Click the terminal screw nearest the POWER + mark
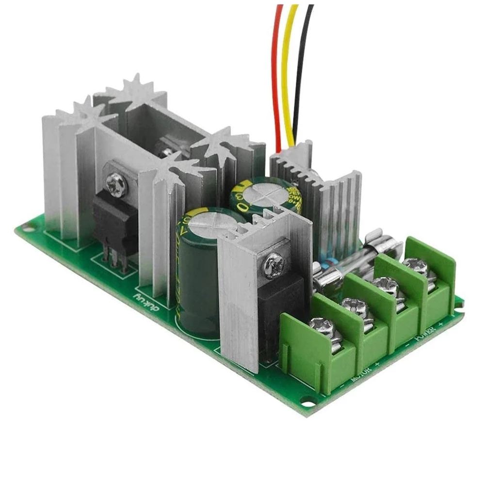414,266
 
